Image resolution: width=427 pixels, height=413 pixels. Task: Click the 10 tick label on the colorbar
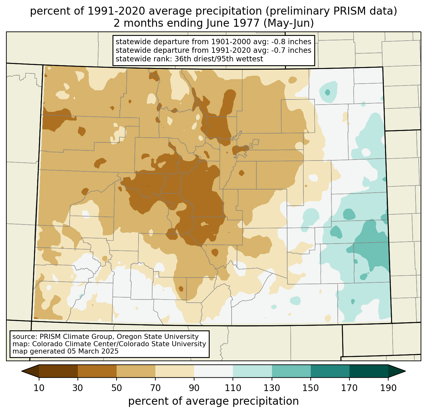(39, 388)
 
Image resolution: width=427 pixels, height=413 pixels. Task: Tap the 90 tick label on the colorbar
(194, 388)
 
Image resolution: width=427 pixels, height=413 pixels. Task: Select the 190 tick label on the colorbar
(388, 388)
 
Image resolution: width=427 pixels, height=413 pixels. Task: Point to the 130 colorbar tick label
(272, 388)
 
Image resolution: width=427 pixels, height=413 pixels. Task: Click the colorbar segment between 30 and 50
(97, 371)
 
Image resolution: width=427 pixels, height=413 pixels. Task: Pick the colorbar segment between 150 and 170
(330, 371)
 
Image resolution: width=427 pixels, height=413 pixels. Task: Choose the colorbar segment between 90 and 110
(213, 371)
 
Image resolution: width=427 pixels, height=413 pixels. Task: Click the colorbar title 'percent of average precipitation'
(213, 401)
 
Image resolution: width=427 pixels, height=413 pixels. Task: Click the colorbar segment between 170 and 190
(369, 371)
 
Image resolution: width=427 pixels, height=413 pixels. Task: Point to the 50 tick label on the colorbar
(117, 388)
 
